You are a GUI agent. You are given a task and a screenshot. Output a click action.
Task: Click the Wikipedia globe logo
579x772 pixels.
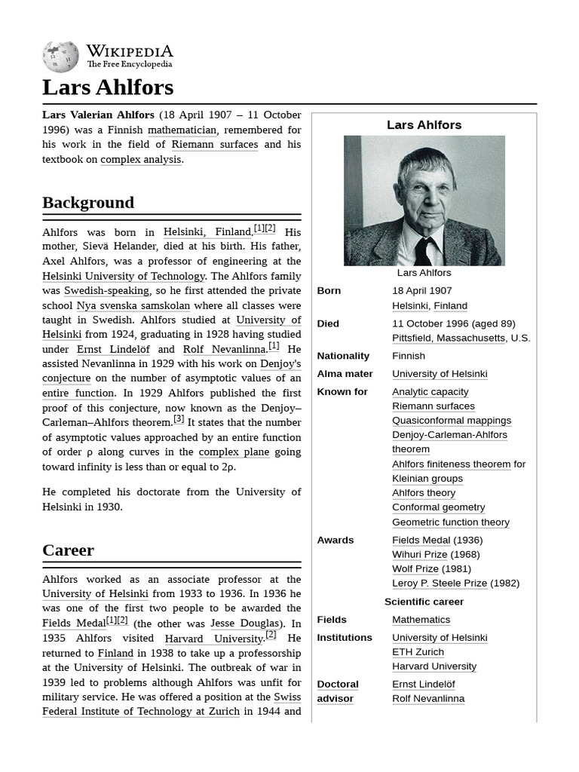pyautogui.click(x=60, y=57)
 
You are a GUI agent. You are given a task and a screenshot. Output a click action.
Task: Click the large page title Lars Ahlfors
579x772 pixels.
pyautogui.click(x=108, y=87)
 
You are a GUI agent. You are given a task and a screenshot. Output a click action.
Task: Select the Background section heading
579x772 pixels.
pyautogui.click(x=88, y=202)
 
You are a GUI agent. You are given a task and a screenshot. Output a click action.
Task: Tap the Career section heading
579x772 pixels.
pyautogui.click(x=68, y=550)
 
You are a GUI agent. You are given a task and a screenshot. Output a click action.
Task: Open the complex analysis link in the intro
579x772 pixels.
pyautogui.click(x=141, y=159)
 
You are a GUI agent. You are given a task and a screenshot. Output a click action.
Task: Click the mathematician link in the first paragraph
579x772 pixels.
pyautogui.click(x=182, y=130)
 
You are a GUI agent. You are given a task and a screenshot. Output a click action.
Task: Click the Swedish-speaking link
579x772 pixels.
pyautogui.click(x=107, y=290)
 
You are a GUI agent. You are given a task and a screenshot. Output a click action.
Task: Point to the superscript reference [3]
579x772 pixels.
pyautogui.click(x=179, y=419)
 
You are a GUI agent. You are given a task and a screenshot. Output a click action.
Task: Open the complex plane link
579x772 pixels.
pyautogui.click(x=234, y=452)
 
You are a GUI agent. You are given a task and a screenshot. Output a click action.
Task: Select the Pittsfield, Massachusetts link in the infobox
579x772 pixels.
pyautogui.click(x=449, y=338)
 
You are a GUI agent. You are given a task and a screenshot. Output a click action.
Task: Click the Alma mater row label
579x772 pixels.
pyautogui.click(x=345, y=374)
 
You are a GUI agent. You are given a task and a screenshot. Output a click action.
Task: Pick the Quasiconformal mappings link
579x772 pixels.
pyautogui.click(x=451, y=420)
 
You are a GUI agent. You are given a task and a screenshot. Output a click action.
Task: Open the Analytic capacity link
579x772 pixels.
pyautogui.click(x=430, y=391)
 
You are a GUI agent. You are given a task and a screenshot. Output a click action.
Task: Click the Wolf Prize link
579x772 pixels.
pyautogui.click(x=415, y=568)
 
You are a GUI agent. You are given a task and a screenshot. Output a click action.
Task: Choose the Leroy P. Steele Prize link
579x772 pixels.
pyautogui.click(x=440, y=583)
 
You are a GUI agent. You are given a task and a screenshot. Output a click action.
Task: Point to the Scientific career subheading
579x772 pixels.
pyautogui.click(x=424, y=602)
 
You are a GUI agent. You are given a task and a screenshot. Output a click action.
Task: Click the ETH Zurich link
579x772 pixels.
pyautogui.click(x=418, y=651)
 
